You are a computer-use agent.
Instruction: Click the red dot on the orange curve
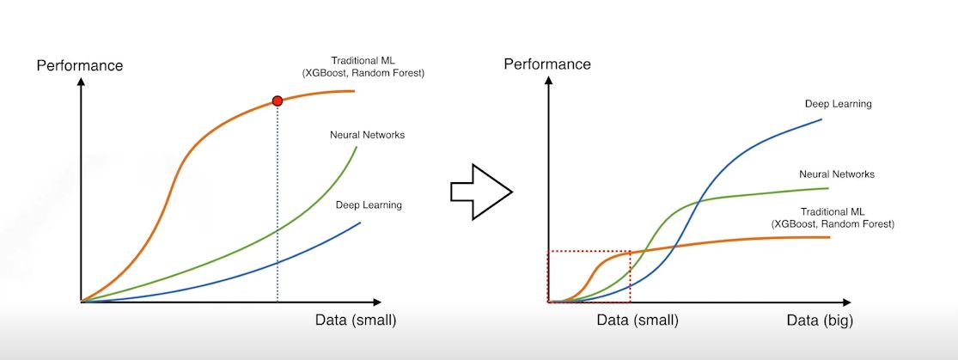[x=277, y=101]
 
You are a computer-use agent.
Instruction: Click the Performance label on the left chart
[x=80, y=65]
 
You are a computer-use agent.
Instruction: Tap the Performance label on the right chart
[x=547, y=64]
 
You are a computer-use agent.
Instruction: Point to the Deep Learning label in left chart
[x=367, y=204]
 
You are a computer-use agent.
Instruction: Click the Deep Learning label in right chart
[x=838, y=104]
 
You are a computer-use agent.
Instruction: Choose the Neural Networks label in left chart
[x=367, y=135]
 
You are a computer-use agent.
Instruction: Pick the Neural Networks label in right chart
[x=836, y=174]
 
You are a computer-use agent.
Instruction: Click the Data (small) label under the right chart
[x=638, y=320]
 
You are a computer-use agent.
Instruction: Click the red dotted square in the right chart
[x=589, y=277]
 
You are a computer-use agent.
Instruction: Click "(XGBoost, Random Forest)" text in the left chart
[x=363, y=73]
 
